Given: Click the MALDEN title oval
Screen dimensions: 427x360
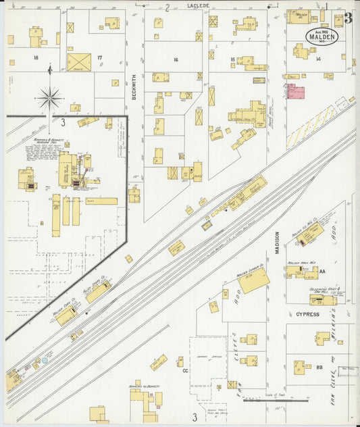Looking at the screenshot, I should [322, 36].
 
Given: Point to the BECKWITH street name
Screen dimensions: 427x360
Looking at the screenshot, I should [134, 86].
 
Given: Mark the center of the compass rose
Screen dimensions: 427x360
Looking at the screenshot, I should [50, 99].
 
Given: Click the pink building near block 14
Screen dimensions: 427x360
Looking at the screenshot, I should [296, 92].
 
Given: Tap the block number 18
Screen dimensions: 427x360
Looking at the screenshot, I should [36, 58].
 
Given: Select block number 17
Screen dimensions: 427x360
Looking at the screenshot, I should [99, 57].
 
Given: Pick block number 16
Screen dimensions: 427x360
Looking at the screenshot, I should [175, 60].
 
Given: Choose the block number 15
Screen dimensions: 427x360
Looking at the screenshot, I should [232, 60].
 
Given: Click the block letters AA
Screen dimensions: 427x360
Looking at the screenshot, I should [322, 271].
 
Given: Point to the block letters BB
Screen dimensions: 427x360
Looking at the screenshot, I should [319, 367].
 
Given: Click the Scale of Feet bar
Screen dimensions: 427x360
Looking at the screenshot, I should [275, 400].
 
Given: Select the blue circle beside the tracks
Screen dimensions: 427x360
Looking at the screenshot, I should [45, 361].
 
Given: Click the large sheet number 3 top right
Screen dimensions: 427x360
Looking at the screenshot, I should [347, 18].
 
